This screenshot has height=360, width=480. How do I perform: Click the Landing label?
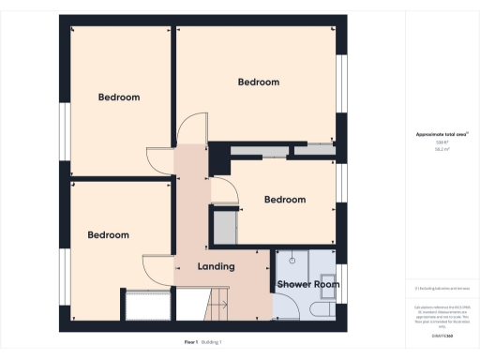click(215, 267)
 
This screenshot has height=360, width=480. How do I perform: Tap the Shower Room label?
click(307, 284)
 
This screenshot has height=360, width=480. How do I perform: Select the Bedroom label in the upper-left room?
click(119, 97)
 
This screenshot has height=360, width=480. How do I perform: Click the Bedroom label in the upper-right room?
click(258, 82)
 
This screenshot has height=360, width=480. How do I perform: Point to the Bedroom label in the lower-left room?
click(108, 235)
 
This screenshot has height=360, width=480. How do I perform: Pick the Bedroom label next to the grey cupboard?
click(284, 200)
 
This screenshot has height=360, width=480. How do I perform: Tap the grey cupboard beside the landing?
click(224, 227)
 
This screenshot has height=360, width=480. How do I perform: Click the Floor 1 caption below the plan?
click(191, 342)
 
